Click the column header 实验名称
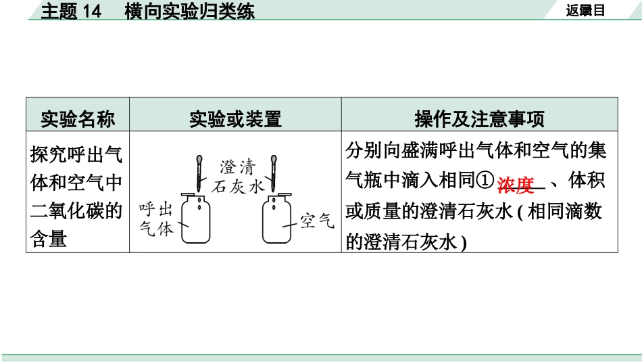click(77, 120)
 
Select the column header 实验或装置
click(235, 120)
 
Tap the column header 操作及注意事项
click(479, 120)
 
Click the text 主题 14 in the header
click(70, 12)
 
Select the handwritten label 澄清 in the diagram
click(237, 167)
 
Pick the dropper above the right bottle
click(273, 173)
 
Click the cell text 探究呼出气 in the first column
click(76, 155)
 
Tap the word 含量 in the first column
click(49, 239)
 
